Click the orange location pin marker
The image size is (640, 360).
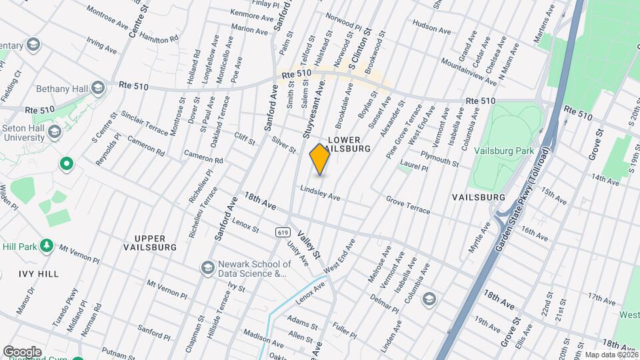(320, 159)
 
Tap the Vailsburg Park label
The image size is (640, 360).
(504, 151)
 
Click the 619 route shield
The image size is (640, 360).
(282, 232)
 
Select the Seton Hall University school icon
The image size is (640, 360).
(54, 131)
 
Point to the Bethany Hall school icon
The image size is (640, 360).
(98, 88)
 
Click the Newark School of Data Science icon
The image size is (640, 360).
(207, 267)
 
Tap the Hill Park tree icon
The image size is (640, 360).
(47, 246)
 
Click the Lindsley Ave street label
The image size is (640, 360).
(320, 193)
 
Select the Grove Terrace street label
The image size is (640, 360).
(408, 205)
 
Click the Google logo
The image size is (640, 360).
(22, 352)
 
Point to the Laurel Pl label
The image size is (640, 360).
(413, 166)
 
